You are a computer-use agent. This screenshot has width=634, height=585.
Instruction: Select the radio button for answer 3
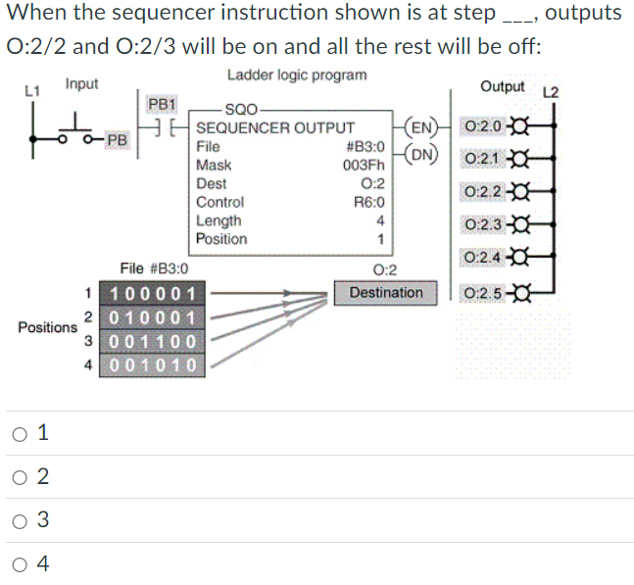[x=20, y=521]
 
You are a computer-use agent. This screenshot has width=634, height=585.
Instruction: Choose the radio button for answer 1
[x=20, y=434]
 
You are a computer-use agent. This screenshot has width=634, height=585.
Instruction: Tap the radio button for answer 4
[x=20, y=564]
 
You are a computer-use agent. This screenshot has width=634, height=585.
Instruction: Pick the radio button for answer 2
[x=20, y=477]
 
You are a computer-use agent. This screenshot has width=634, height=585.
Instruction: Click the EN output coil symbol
[x=421, y=127]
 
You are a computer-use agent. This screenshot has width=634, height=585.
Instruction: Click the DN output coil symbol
[x=421, y=155]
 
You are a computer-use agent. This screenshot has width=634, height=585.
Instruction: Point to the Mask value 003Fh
[x=364, y=165]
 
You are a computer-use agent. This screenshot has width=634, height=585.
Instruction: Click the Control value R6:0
[x=369, y=202]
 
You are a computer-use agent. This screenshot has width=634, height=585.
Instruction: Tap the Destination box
[x=386, y=293]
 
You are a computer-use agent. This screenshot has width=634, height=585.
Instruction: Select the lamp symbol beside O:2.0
[x=520, y=126]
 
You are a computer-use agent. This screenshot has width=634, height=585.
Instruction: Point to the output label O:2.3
[x=483, y=224]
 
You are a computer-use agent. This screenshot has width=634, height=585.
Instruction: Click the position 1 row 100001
[x=152, y=293]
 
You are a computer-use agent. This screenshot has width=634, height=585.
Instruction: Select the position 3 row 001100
[x=152, y=342]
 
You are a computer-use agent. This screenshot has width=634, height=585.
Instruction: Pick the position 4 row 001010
[x=152, y=366]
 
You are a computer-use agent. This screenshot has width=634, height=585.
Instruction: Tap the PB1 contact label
[x=162, y=104]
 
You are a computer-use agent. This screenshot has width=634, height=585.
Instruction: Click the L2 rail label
[x=551, y=92]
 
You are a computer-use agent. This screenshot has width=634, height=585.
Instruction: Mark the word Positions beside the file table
[x=47, y=327]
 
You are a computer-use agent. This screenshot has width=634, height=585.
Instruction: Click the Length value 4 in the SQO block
[x=380, y=220]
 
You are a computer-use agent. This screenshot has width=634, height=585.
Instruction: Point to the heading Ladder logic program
[x=297, y=75]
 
